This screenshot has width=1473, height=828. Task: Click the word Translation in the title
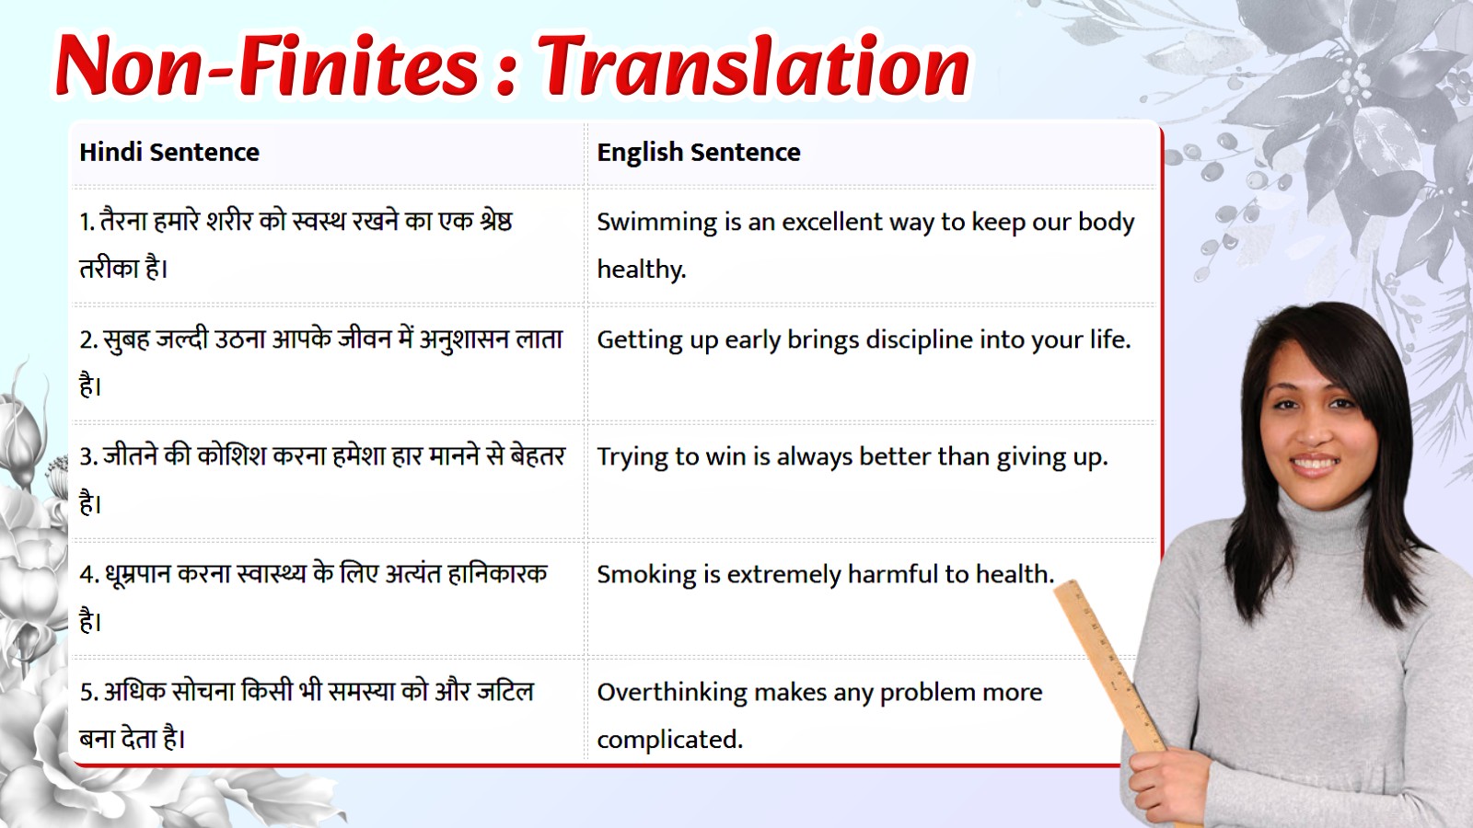coord(753,66)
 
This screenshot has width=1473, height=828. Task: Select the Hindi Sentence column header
coord(169,152)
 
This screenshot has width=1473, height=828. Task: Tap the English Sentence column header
coord(699,152)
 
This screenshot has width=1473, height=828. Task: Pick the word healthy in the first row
coord(641,270)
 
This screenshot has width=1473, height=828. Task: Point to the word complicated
coord(669,740)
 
